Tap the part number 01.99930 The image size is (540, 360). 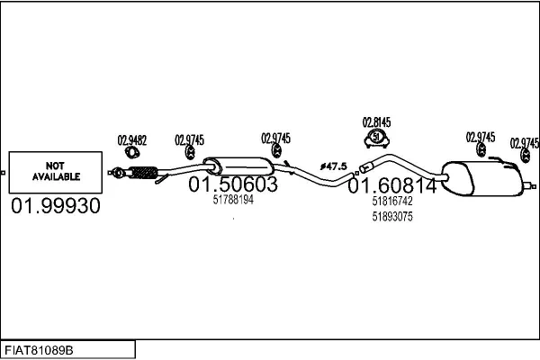coord(56,206)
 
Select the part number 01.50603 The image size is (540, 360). coord(233,184)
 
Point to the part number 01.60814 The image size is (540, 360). coord(392,185)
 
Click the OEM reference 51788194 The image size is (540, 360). coord(233,200)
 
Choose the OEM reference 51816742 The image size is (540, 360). coord(392,202)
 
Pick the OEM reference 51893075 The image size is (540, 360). coord(392,217)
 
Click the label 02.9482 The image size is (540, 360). coord(132,140)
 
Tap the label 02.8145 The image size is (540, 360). coord(376,122)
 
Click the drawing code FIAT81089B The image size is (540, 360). coord(39,350)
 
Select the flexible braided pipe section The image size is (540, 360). coord(144,173)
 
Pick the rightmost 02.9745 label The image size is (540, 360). coord(525,143)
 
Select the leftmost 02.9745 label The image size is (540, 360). coord(189,139)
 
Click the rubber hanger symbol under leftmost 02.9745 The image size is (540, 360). coord(190,153)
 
